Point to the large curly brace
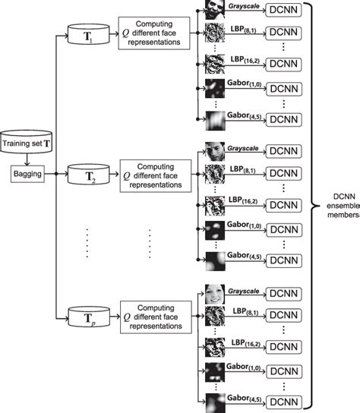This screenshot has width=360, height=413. point(320,206)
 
